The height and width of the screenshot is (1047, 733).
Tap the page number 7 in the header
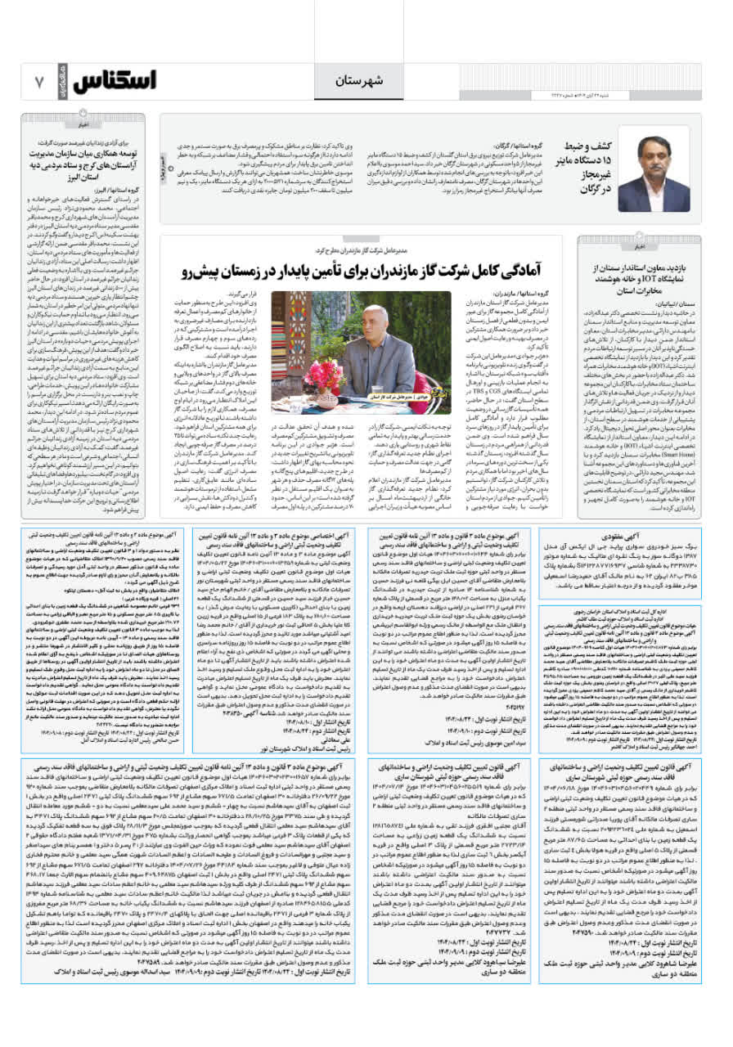pyautogui.click(x=38, y=82)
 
